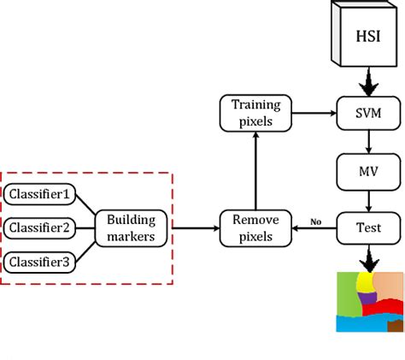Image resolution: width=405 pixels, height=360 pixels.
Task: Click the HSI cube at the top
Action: [368, 37]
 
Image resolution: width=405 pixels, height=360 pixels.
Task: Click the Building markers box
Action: [131, 227]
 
